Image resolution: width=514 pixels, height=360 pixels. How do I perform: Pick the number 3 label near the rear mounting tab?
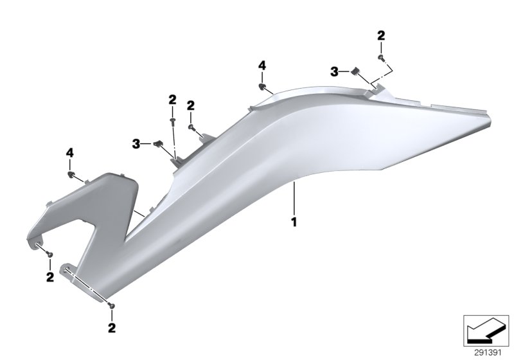(334, 73)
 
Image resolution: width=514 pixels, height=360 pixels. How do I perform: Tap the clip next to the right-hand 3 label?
(353, 71)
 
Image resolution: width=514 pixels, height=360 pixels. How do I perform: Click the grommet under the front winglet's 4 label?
(71, 174)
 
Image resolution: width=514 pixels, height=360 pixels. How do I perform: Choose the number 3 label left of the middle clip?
(136, 141)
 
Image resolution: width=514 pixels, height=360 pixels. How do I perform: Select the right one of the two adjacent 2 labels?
(191, 105)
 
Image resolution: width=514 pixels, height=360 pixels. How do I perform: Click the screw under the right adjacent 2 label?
(191, 127)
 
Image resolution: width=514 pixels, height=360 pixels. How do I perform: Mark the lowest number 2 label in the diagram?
(112, 328)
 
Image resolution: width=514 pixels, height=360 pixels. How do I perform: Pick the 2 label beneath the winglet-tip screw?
(49, 278)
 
